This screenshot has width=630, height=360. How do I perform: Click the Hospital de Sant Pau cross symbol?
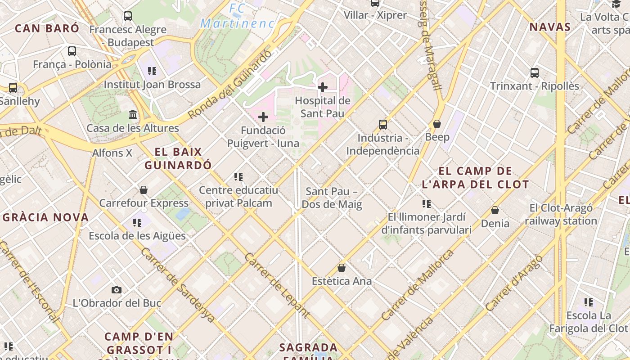322,87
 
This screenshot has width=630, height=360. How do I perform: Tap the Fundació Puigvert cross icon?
263,117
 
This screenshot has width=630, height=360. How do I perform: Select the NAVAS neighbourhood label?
550,27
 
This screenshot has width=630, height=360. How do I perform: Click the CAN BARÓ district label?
47,28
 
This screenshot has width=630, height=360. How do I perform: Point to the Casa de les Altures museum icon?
133,115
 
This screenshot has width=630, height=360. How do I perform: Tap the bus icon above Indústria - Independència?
382,125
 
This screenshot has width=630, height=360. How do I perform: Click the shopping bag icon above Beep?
436,124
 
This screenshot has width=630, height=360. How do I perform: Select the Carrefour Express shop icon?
144,190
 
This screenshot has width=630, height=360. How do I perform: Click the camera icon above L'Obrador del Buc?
117,290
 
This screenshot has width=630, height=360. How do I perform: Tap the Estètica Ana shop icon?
342,268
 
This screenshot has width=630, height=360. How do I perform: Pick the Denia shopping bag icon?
495,210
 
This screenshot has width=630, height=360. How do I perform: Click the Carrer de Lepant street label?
277,285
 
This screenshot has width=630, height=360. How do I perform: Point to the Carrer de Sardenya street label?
178,284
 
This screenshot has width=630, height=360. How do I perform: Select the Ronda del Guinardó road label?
230,85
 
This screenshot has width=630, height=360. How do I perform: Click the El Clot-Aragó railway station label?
561,214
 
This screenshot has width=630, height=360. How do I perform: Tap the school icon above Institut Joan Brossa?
152,71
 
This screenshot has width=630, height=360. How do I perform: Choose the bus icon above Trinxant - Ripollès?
534,72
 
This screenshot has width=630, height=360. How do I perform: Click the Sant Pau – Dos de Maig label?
332,198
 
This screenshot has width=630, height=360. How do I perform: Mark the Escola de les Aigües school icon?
137,222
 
